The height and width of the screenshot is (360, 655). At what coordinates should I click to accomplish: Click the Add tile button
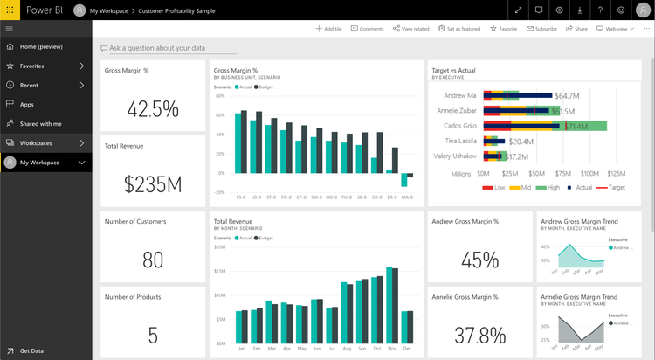tap(328, 29)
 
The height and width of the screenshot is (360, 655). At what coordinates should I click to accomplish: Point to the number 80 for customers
tap(153, 260)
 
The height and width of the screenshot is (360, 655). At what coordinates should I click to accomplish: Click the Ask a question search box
tap(156, 48)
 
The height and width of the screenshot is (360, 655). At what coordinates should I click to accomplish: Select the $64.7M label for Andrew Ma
tap(568, 95)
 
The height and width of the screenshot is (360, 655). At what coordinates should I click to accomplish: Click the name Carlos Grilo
tap(459, 126)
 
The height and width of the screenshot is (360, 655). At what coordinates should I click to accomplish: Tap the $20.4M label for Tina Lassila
tap(521, 142)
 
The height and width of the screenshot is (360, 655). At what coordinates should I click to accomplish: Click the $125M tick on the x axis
tap(616, 174)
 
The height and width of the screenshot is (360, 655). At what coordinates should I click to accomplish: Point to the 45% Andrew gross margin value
tap(479, 260)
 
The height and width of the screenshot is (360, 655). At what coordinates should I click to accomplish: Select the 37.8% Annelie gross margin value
tap(479, 335)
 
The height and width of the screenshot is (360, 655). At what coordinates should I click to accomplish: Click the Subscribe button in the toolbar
tap(541, 29)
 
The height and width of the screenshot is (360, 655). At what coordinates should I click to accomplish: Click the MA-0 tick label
tap(407, 197)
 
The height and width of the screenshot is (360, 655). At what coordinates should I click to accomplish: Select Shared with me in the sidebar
tap(40, 124)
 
